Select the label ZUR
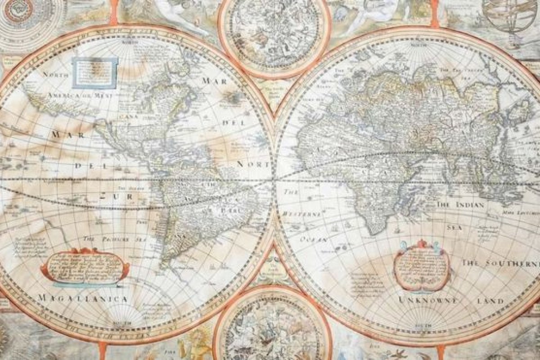click(115, 197)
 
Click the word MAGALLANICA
click(82, 298)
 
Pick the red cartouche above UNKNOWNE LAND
click(422, 265)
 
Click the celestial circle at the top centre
click(274, 34)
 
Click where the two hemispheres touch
click(274, 180)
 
